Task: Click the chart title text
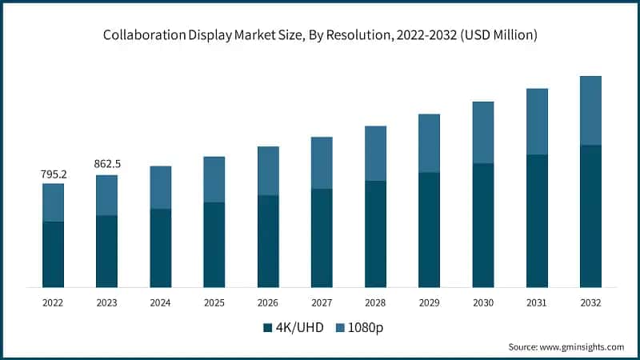[319, 35]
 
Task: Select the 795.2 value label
[54, 174]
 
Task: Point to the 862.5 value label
[107, 164]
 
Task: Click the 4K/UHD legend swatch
[267, 327]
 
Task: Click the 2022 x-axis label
[53, 303]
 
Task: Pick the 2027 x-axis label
[322, 303]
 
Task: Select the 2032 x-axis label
[590, 303]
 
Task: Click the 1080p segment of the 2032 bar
[590, 110]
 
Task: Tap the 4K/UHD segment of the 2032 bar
[590, 216]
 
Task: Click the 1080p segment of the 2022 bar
[53, 202]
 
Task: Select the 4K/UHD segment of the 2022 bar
[53, 254]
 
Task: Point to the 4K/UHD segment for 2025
[214, 245]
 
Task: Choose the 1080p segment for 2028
[375, 154]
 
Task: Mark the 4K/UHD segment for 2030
[483, 226]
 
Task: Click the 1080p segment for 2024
[161, 187]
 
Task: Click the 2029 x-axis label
[429, 303]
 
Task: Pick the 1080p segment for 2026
[268, 170]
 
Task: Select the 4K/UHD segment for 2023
[107, 251]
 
